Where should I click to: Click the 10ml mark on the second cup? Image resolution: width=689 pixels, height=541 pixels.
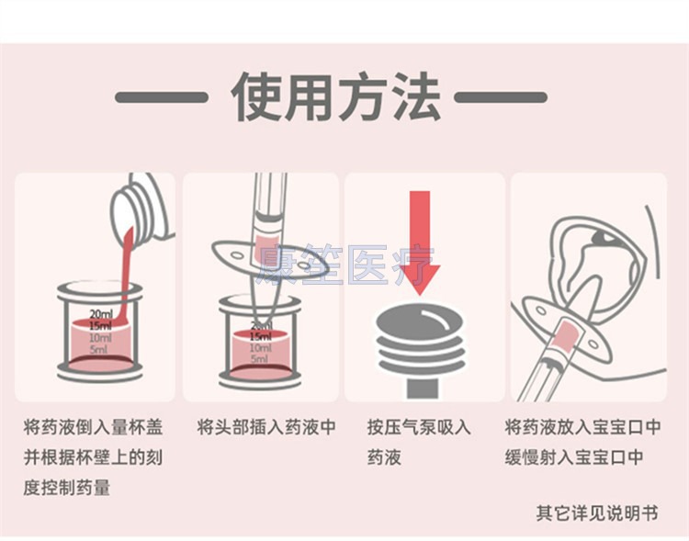(261, 349)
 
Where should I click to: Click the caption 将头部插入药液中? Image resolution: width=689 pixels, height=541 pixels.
(266, 427)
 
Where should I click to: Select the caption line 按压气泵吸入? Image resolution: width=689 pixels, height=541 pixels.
(419, 427)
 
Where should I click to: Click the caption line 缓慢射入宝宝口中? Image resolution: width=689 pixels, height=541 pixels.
(583, 456)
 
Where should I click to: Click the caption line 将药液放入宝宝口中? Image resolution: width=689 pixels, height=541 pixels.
(583, 427)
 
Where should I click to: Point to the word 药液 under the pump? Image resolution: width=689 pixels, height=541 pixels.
(385, 456)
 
